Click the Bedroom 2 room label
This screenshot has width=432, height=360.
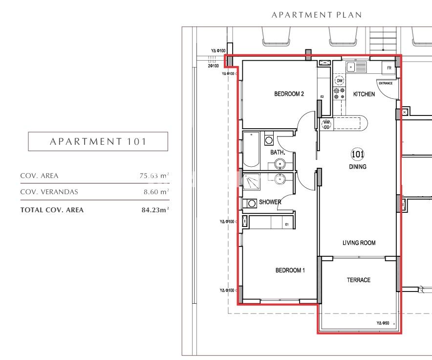(x=289, y=94)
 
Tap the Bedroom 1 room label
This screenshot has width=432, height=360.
(x=290, y=270)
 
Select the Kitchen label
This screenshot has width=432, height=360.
(x=364, y=94)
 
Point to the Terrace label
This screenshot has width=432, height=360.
(x=358, y=280)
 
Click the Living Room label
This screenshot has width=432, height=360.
(x=359, y=243)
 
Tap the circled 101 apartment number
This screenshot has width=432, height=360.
(x=358, y=154)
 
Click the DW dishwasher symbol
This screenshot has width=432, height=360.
(x=340, y=81)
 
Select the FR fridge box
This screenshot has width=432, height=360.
(x=389, y=67)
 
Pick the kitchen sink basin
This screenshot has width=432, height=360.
(x=350, y=67)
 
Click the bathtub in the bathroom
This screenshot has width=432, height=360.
(x=251, y=149)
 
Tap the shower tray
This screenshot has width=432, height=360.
(x=251, y=181)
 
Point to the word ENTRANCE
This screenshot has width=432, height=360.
(x=386, y=83)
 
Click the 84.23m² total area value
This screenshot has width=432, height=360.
(x=155, y=210)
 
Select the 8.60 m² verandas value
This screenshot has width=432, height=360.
(x=156, y=192)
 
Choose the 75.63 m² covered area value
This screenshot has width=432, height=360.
(x=154, y=176)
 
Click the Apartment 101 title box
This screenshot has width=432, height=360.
(x=98, y=141)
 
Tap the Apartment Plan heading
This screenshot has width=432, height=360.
(x=317, y=15)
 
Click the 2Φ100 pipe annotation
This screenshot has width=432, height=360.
(x=213, y=66)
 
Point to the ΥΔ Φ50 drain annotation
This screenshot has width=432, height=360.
(x=383, y=323)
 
